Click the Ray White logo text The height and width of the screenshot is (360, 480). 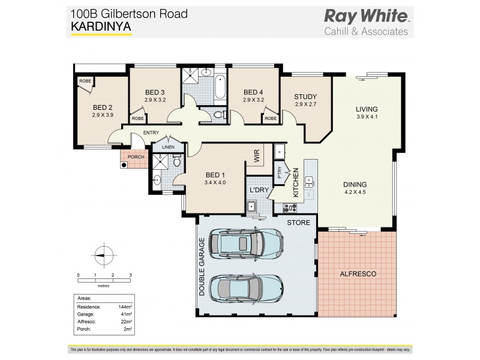click(366, 16)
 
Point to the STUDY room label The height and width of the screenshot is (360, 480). click(305, 97)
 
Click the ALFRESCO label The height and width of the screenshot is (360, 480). click(359, 274)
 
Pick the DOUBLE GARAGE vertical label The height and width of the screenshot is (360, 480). click(203, 268)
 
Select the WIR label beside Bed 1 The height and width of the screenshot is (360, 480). click(256, 158)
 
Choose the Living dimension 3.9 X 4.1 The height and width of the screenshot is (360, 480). click(367, 118)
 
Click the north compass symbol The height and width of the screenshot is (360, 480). click(104, 254)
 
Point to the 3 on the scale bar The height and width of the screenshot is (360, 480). click(130, 275)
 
